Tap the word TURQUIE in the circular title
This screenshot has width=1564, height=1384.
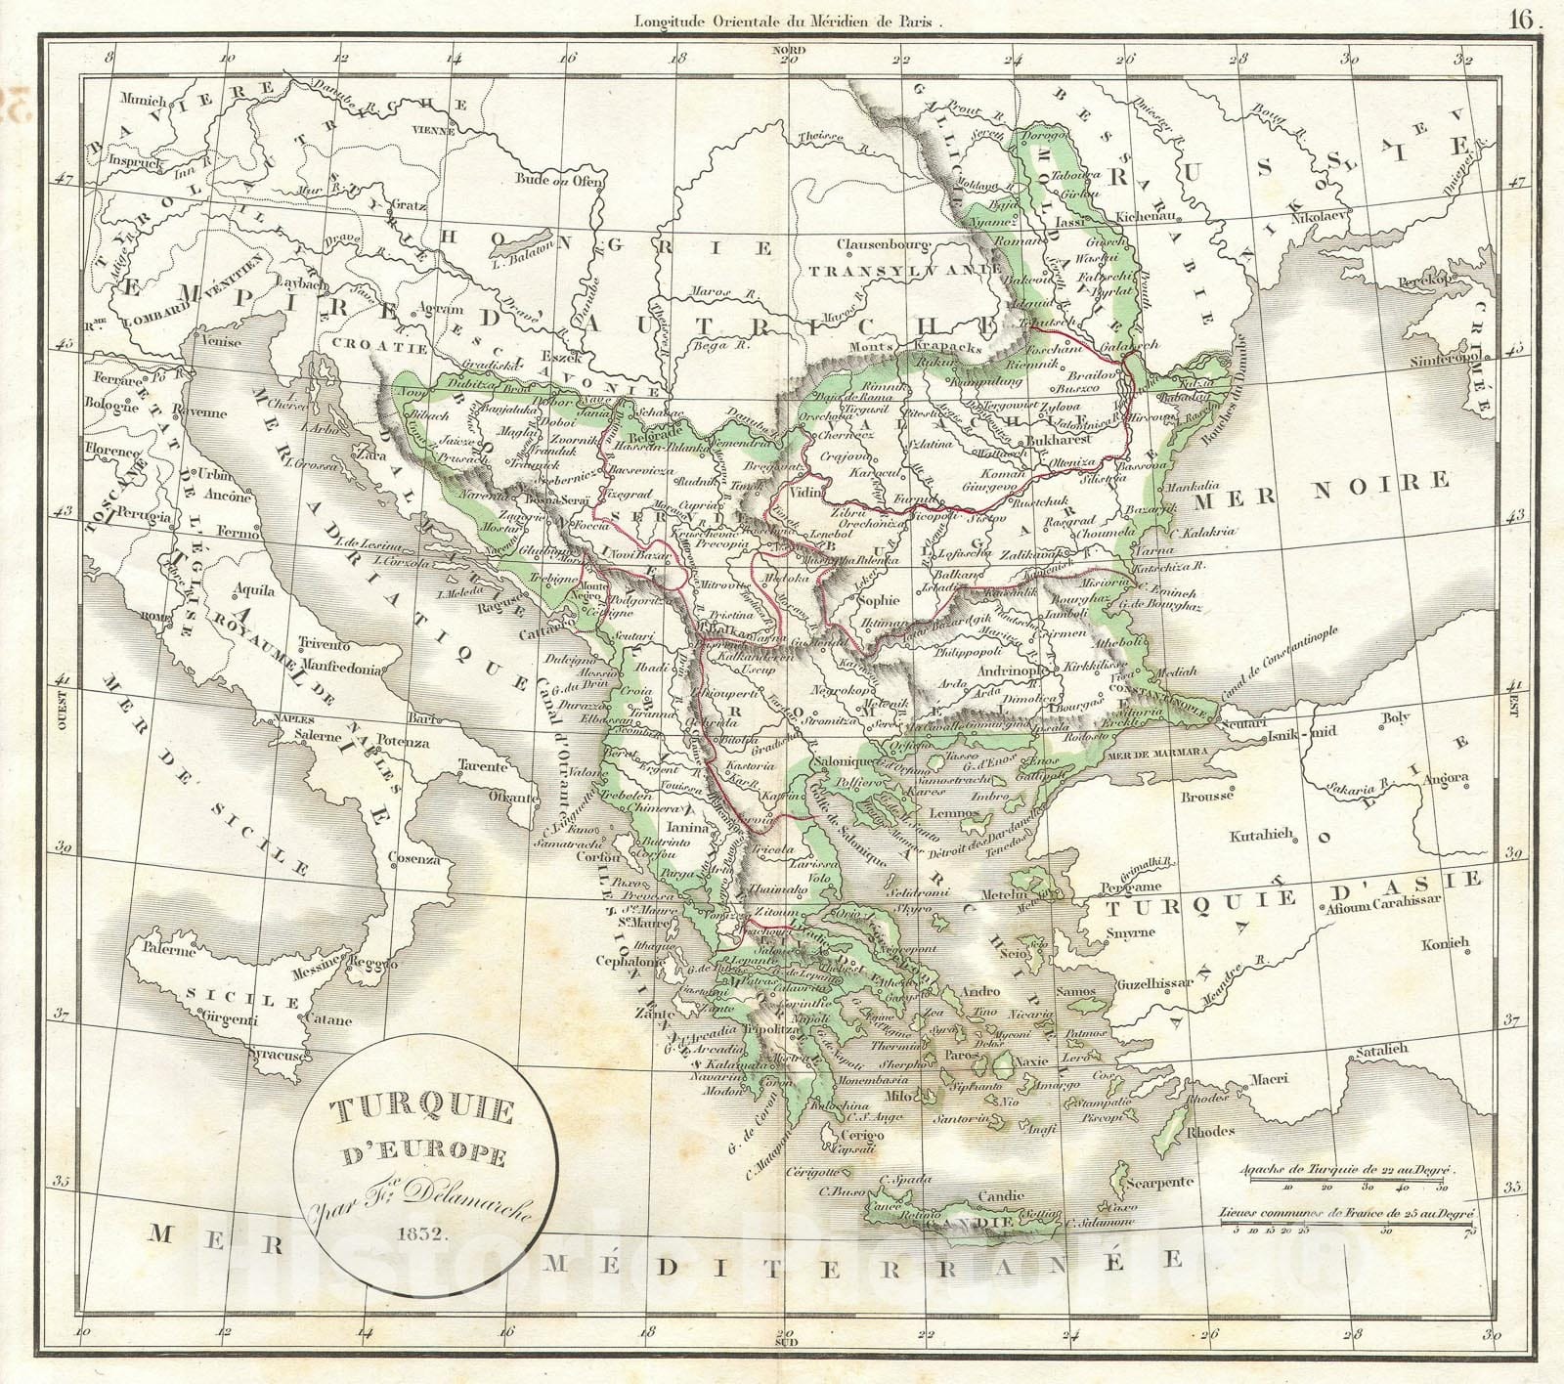425,1111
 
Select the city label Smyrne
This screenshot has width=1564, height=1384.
1130,931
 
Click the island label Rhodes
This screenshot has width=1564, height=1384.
1208,1131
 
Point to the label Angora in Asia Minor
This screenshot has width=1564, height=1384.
1445,778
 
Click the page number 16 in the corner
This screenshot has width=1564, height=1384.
1521,17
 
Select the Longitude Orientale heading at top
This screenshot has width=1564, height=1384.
789,17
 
